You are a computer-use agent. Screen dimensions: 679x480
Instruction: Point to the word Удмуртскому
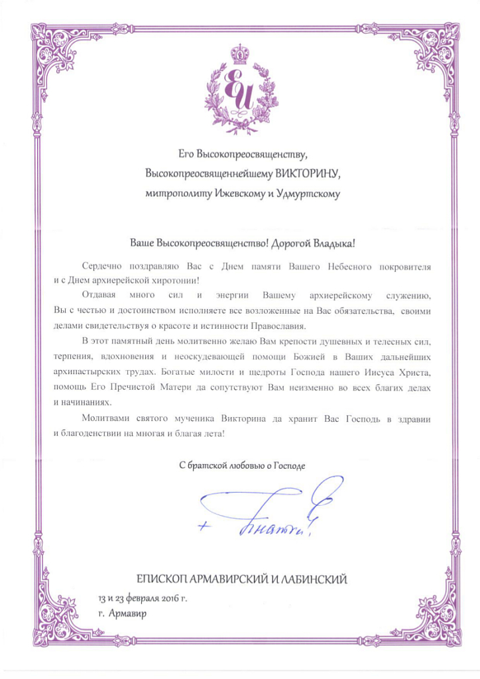[310, 194]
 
